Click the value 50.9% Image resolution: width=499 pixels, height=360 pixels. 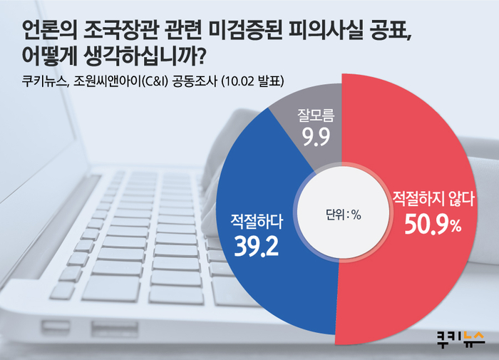433,225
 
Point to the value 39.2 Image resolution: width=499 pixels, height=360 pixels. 256,246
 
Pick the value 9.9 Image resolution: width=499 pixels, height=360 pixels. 316,137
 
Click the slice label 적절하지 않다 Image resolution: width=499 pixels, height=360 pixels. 433,199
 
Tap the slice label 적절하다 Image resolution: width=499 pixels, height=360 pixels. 257,221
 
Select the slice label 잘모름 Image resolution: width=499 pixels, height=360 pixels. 316,115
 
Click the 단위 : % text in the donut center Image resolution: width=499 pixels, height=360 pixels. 343,215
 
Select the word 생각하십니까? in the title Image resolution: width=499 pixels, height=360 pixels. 143,56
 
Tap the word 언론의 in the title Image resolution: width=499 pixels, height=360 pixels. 50,31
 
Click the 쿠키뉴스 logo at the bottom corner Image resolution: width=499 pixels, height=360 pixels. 461,339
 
